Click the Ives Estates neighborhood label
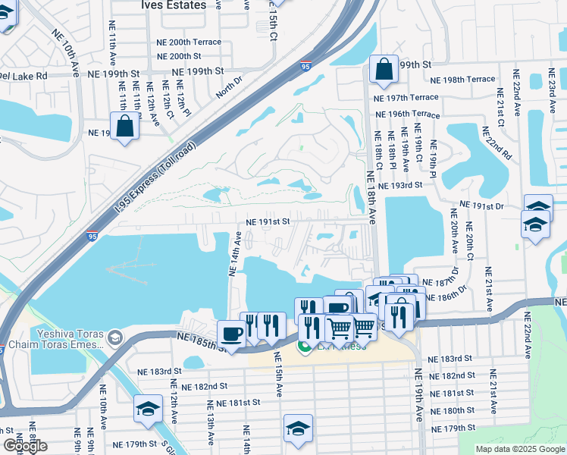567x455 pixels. click(x=173, y=5)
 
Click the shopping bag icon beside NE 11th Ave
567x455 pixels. click(x=124, y=126)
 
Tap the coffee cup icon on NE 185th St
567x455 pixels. click(x=230, y=334)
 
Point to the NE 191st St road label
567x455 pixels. click(x=268, y=222)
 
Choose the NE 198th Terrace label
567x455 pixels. click(x=462, y=80)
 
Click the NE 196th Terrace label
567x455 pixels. click(x=408, y=115)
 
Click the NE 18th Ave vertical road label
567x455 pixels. click(x=371, y=197)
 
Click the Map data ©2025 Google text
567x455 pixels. click(x=519, y=449)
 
